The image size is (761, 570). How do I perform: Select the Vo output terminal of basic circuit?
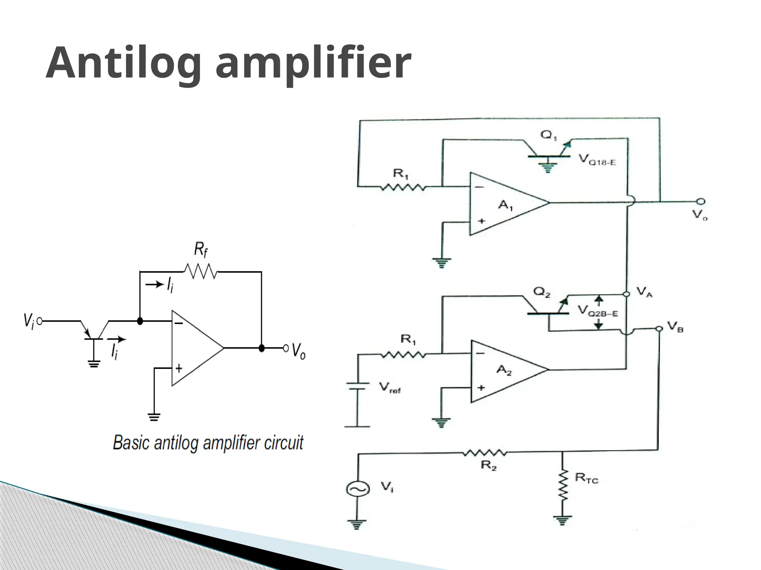point(286,348)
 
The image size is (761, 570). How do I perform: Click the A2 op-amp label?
point(504,370)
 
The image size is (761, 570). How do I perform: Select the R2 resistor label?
point(489,466)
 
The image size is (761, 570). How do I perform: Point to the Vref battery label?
point(389,388)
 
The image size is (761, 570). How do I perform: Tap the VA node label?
point(644,292)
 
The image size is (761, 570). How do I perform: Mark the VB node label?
point(675,327)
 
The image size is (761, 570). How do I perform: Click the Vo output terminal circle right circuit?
point(700,202)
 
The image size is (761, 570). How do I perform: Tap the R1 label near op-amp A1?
point(401,174)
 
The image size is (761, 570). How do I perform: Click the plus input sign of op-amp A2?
point(481,387)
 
